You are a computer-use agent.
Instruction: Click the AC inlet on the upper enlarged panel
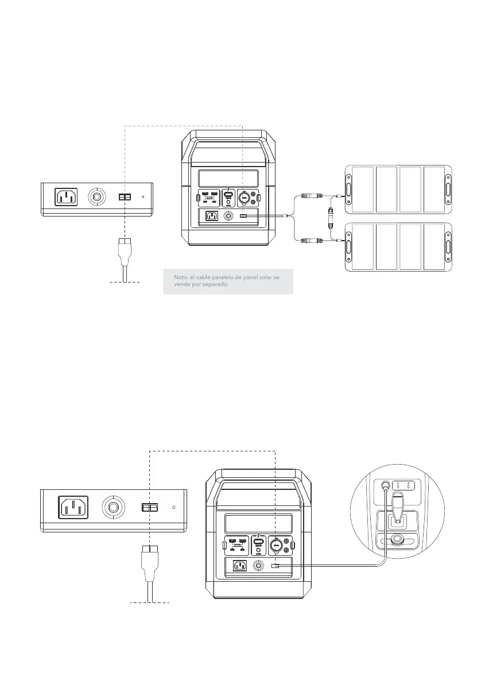click(x=65, y=198)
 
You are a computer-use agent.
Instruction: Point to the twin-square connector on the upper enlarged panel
click(x=125, y=197)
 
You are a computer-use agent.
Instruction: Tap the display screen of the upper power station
click(x=228, y=177)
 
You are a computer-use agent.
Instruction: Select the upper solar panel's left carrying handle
click(x=348, y=186)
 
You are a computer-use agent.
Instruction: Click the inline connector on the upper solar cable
click(x=314, y=196)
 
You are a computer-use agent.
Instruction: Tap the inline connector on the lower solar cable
click(x=314, y=239)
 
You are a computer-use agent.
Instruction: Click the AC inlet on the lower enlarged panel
click(x=73, y=508)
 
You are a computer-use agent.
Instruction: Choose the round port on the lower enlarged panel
click(x=112, y=508)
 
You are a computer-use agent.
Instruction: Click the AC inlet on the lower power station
click(x=239, y=566)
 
